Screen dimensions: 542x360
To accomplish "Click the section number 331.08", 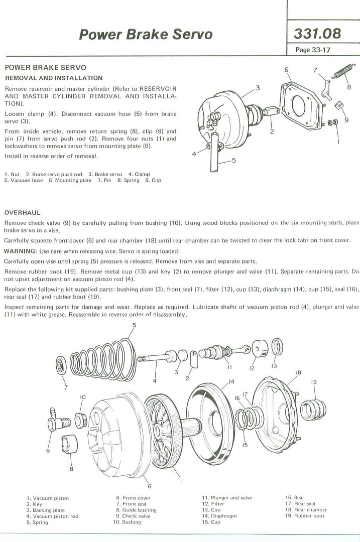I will [317, 34].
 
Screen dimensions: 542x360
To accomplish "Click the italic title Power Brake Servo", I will [146, 34].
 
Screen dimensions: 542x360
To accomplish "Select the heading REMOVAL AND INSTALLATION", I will [54, 78].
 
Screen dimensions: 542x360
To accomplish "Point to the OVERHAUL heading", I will [22, 213].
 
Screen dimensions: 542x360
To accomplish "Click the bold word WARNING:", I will [20, 251].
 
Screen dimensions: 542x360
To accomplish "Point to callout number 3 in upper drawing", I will [258, 88].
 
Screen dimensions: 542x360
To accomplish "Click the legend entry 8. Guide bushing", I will [136, 510].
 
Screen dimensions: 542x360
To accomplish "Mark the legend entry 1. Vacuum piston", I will [48, 498].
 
